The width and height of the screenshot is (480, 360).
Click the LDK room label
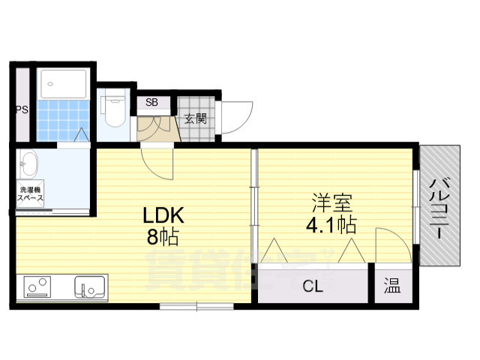[x=163, y=216]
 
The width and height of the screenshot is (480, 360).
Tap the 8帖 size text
[x=163, y=238]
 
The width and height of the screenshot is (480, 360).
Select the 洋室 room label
[x=331, y=202]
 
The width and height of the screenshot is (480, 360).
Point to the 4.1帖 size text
[x=331, y=223]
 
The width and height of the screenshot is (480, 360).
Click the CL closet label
[x=313, y=285]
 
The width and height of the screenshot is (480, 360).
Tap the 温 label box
[x=392, y=285]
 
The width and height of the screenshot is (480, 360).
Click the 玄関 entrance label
[x=195, y=118]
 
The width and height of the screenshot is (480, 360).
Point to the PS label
[x=22, y=110]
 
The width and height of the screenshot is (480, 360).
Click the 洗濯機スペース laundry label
[x=31, y=195]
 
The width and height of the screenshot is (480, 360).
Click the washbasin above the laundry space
[x=31, y=161]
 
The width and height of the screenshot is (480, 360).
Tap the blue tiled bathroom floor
[x=63, y=120]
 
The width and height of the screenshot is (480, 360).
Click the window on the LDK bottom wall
[x=196, y=305]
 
